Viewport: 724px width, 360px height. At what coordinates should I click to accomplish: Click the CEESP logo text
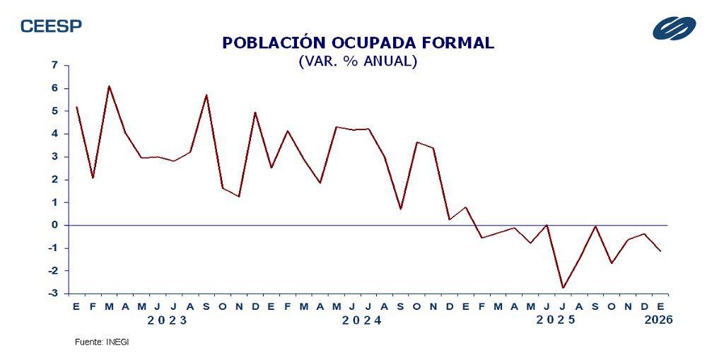(x=51, y=26)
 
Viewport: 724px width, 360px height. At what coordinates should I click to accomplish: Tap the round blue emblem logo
(x=674, y=28)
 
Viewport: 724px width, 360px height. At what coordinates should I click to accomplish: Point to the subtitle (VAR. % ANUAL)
(x=358, y=62)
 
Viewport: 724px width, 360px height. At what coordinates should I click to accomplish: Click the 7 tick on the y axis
(x=55, y=65)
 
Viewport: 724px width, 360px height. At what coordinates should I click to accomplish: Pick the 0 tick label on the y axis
(x=55, y=225)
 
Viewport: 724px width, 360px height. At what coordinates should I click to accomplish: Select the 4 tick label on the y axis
(x=55, y=134)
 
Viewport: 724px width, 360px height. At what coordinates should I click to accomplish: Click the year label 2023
(x=168, y=320)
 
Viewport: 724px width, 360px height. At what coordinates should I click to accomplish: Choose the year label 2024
(x=361, y=320)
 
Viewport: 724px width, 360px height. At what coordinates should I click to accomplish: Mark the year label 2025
(x=556, y=320)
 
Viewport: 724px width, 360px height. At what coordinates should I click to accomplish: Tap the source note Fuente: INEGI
(x=102, y=342)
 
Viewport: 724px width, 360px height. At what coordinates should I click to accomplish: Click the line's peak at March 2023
(x=109, y=86)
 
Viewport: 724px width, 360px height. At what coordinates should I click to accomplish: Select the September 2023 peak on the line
(x=206, y=95)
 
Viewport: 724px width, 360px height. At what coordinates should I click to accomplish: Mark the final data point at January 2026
(x=660, y=251)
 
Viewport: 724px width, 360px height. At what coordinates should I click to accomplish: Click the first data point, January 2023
(x=76, y=107)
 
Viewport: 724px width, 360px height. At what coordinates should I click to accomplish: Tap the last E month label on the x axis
(x=660, y=306)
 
